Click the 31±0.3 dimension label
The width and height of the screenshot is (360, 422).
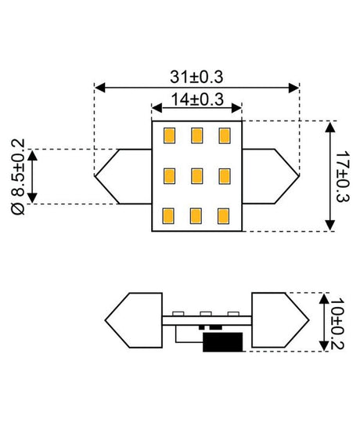(x=196, y=77)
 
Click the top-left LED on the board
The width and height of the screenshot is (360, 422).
(x=168, y=135)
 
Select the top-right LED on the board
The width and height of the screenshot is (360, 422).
(x=225, y=135)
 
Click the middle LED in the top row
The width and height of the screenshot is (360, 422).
(x=196, y=135)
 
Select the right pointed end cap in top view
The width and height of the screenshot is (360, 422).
(x=271, y=176)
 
